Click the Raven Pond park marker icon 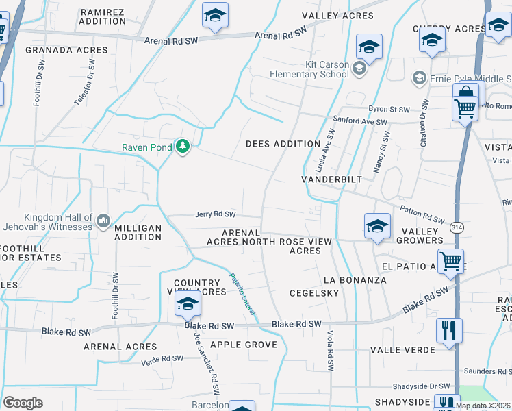183,147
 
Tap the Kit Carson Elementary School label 309,69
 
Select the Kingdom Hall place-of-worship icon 103,220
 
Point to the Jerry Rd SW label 215,214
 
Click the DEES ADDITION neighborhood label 283,144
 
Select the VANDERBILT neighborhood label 331,179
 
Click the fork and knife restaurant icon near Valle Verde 449,330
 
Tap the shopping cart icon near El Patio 450,260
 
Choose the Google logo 23,402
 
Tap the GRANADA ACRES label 66,50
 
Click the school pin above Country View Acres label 187,305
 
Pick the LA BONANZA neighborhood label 355,280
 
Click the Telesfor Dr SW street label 84,82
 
